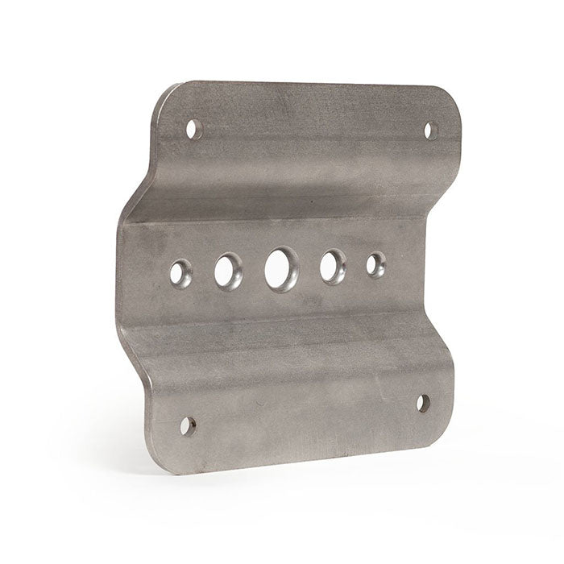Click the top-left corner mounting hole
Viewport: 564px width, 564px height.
(x=193, y=128)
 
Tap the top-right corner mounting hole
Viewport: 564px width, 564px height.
(x=431, y=130)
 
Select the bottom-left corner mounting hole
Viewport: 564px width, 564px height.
(x=187, y=425)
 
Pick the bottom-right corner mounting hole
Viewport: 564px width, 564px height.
(x=424, y=403)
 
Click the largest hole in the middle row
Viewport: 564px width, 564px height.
(x=280, y=269)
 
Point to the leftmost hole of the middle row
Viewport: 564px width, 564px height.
(x=180, y=274)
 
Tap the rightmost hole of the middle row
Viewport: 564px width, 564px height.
(x=375, y=264)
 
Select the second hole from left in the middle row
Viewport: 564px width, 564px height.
(x=227, y=271)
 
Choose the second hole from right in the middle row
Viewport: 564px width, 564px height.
(x=332, y=267)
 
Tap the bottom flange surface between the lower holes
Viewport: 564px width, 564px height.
(x=306, y=403)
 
